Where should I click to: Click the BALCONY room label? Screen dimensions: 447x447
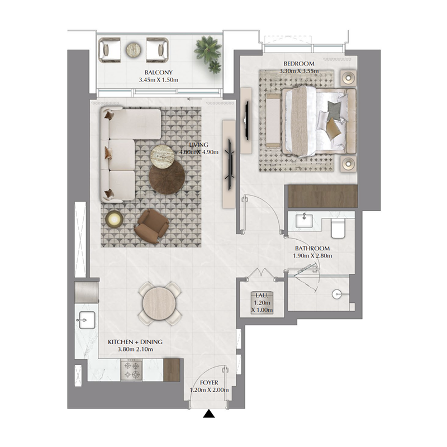point(159,73)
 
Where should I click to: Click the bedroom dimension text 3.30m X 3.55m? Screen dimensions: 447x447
point(299,71)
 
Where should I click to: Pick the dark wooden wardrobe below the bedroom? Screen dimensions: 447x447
point(321,197)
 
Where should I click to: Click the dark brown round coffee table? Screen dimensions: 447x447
point(167,176)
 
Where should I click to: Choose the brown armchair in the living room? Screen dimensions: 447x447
point(151,226)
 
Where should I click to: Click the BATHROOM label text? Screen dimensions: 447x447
point(312,249)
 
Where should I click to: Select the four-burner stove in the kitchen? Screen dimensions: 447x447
point(134,369)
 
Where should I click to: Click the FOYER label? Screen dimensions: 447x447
point(209,383)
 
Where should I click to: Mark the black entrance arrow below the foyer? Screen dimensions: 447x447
point(209,414)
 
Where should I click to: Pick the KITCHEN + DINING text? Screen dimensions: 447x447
point(131,341)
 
